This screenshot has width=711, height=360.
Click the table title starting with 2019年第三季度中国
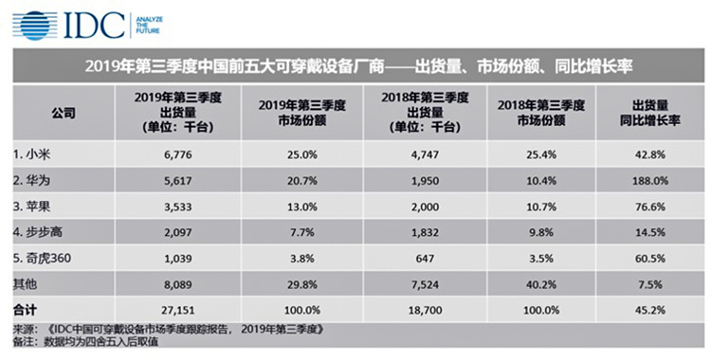[356, 67]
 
